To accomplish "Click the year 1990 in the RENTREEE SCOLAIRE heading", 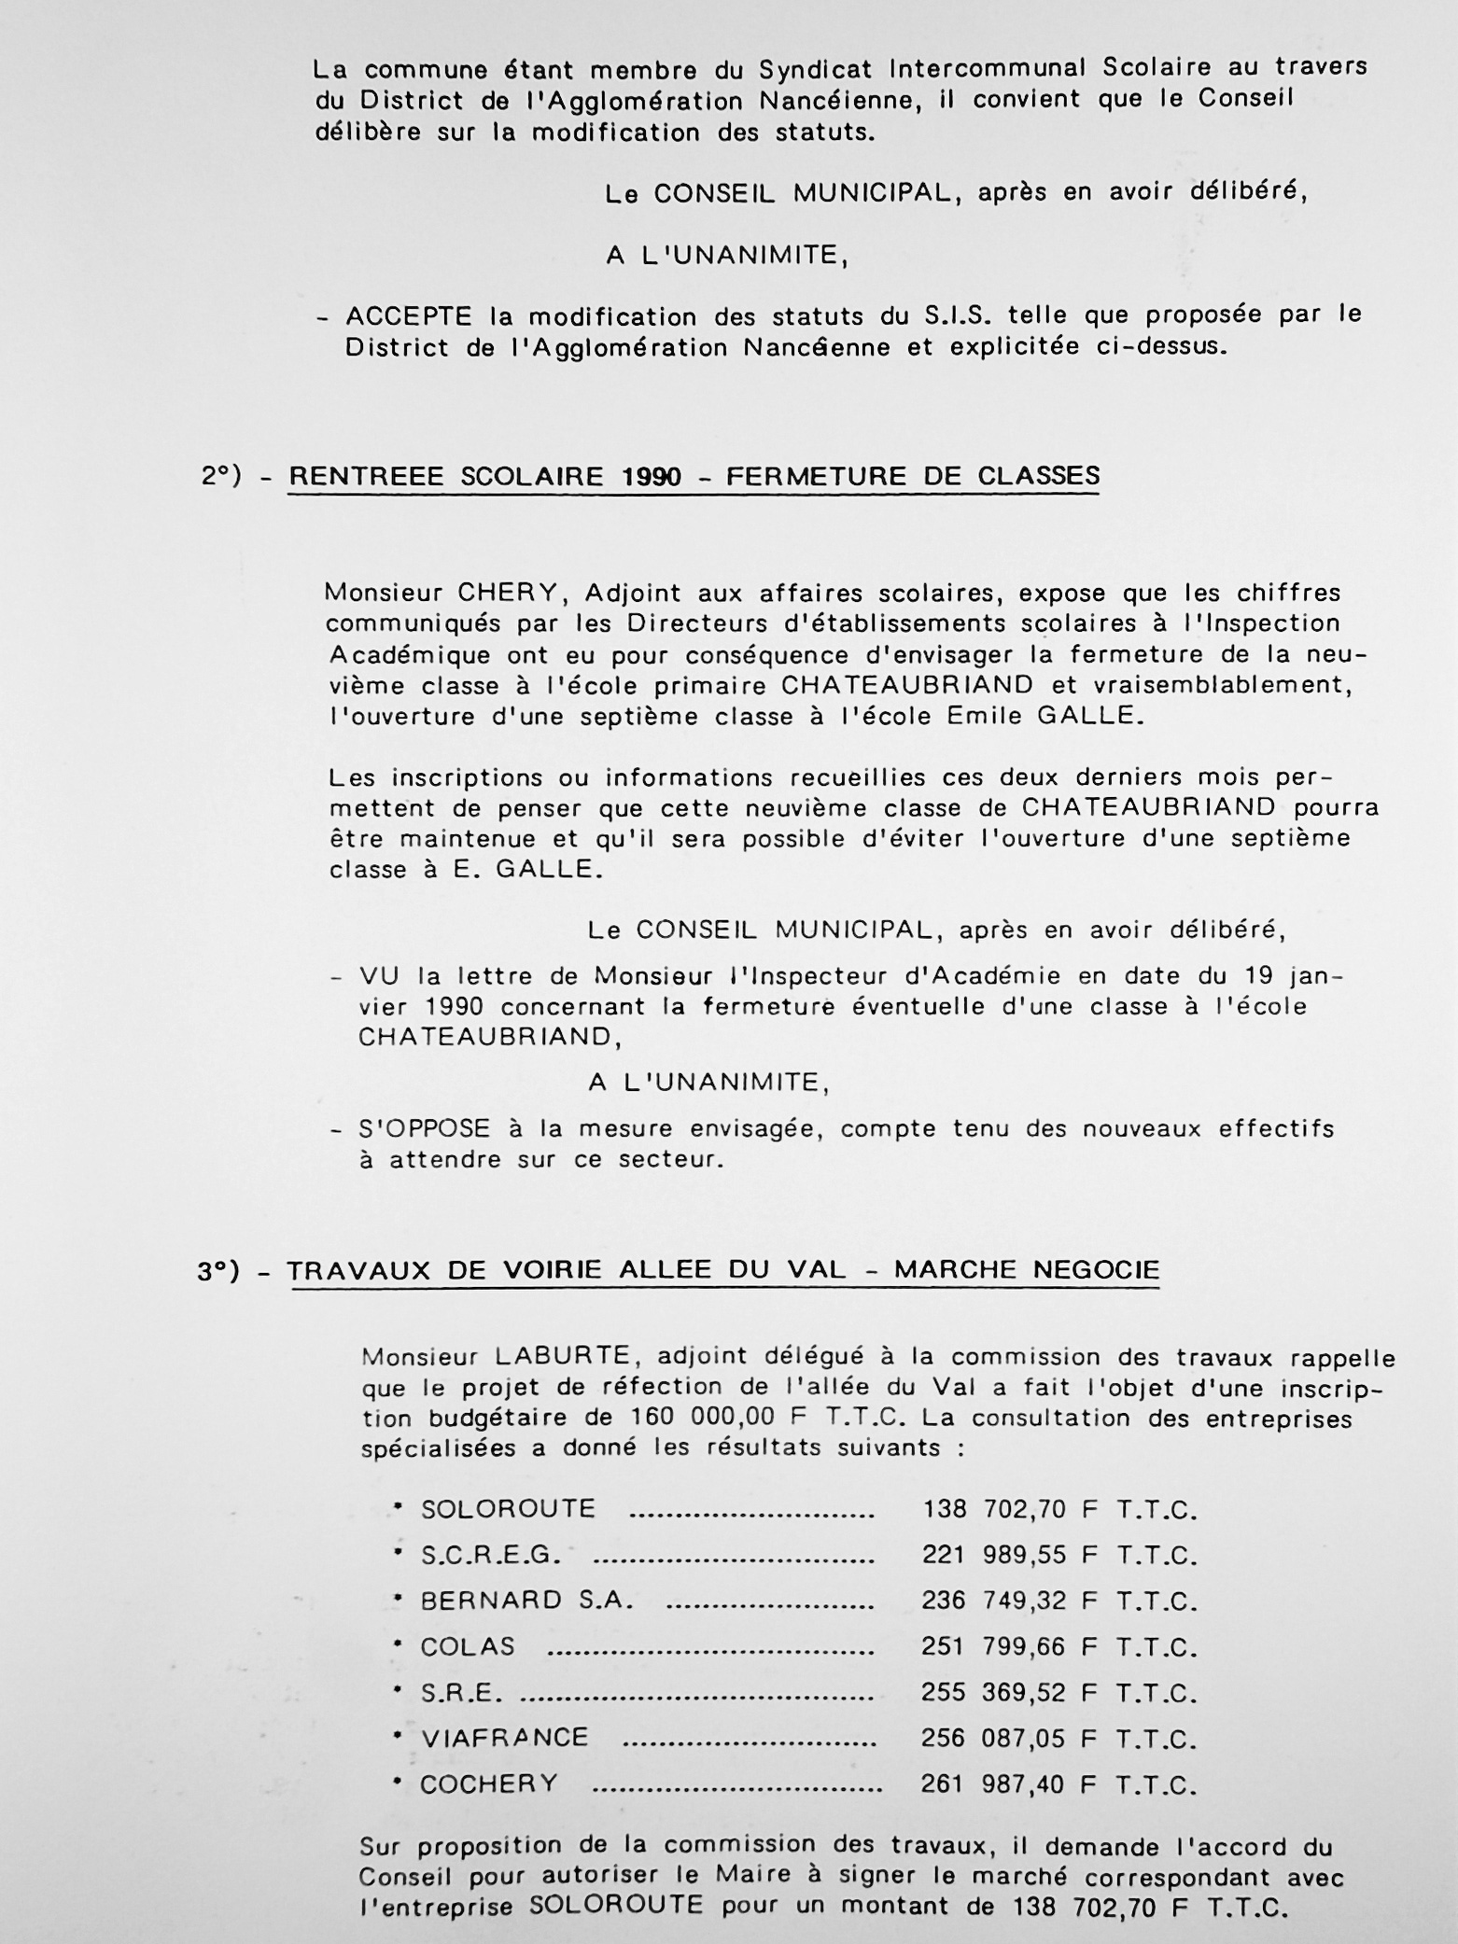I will [652, 477].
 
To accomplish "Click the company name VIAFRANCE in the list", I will [504, 1738].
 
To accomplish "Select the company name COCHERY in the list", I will [488, 1784].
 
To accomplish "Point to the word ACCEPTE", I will [409, 316].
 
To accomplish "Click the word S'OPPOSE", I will [425, 1129].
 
